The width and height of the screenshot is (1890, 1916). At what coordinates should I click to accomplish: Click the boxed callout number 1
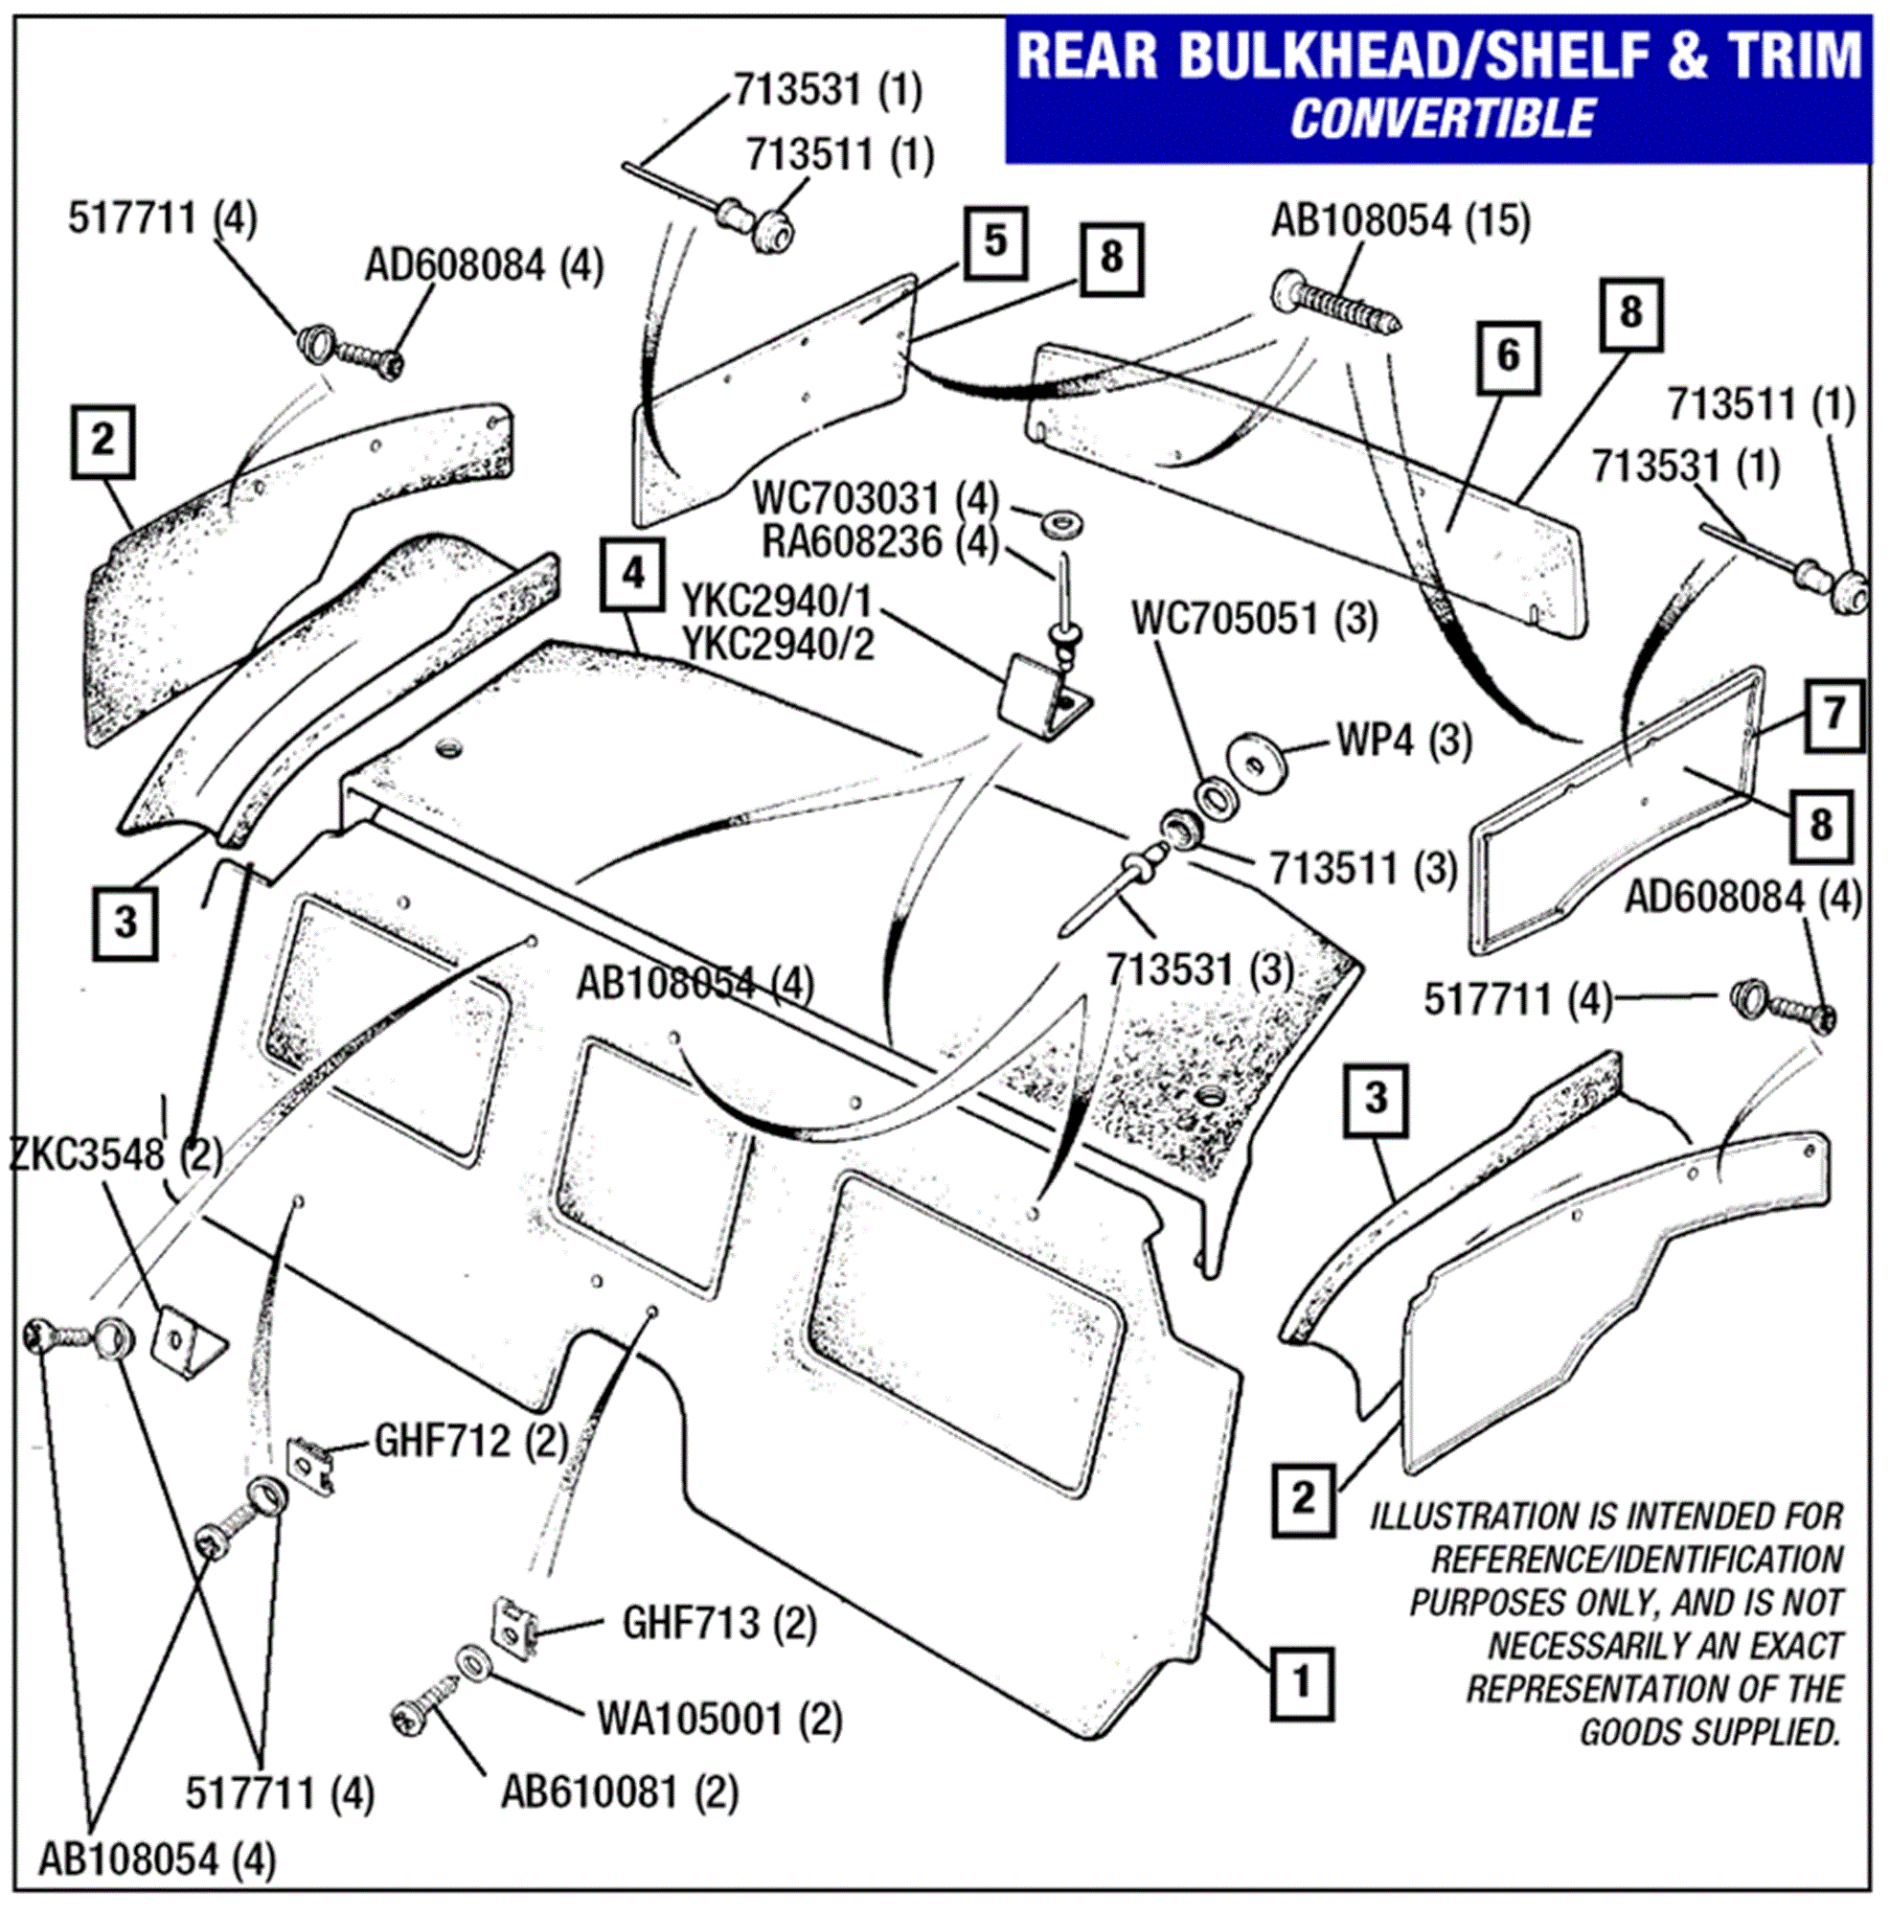[1300, 1682]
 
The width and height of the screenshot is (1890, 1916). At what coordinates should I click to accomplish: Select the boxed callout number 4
[631, 573]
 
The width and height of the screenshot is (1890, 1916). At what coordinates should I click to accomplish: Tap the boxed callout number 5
[994, 241]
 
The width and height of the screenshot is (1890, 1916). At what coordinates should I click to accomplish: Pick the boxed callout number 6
[1507, 356]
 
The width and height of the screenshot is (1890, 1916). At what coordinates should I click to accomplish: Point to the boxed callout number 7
[1833, 714]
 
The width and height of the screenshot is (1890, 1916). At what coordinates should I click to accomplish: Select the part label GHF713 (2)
[718, 1623]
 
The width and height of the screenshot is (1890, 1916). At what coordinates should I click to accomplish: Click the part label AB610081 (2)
[620, 1792]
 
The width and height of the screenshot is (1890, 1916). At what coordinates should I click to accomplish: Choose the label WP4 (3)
[1404, 740]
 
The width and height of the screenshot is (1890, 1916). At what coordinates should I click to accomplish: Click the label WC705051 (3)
[1254, 619]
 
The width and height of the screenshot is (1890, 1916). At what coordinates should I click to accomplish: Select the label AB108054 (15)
[1400, 220]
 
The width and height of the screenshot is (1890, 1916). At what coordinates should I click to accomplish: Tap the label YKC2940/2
[779, 645]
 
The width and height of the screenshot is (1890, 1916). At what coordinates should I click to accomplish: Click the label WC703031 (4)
[876, 498]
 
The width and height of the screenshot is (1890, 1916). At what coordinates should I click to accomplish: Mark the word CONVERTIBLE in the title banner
[1443, 119]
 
